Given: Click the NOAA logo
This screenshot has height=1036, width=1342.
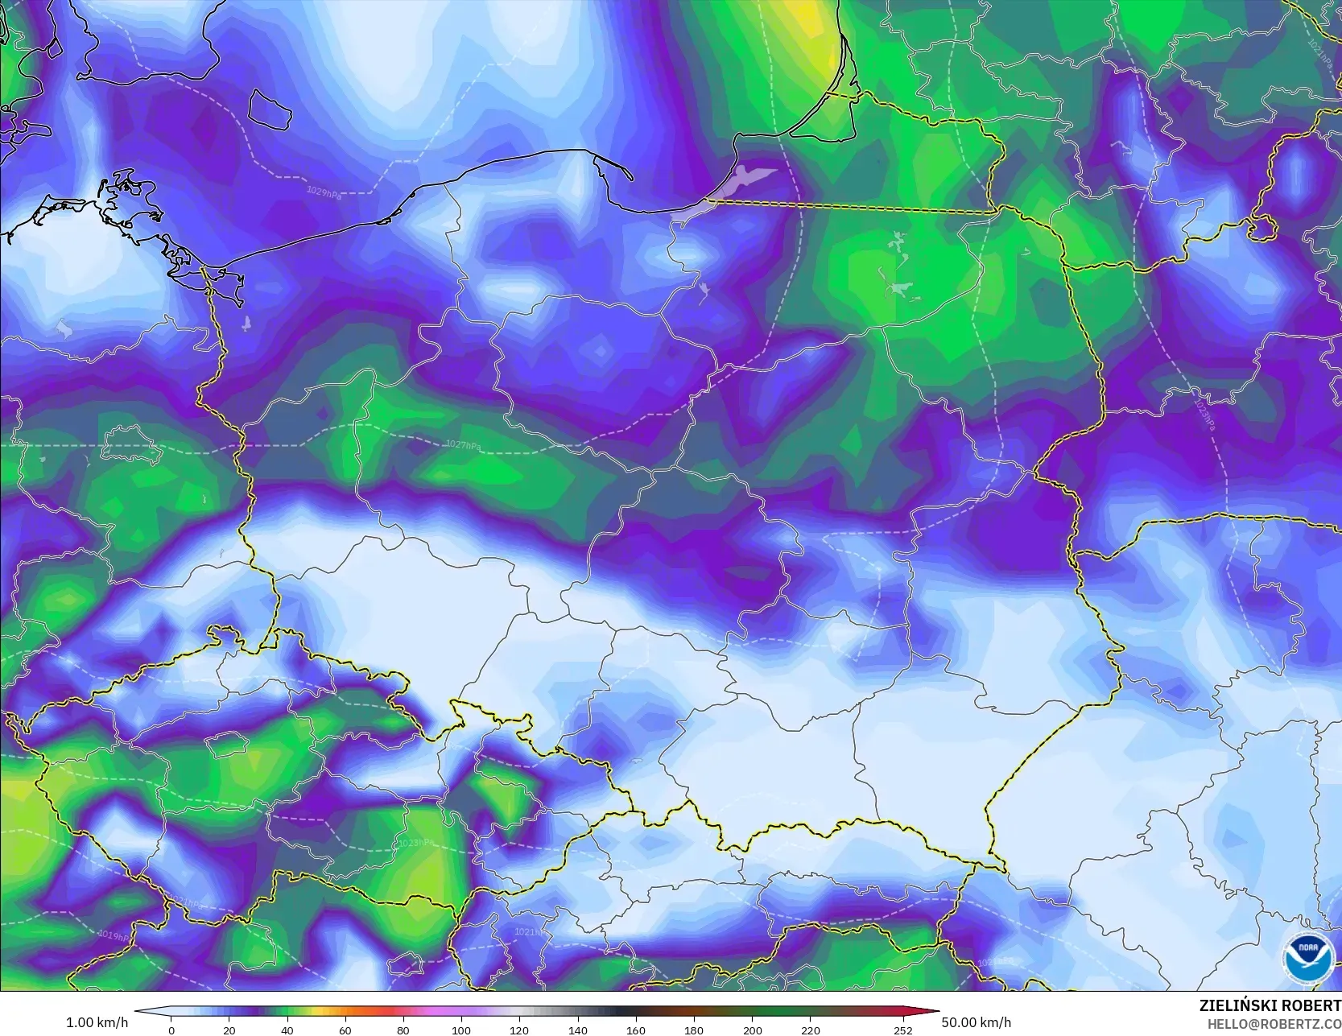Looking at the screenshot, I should (x=1307, y=959).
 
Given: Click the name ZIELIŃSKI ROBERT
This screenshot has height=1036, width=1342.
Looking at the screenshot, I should (x=1270, y=1005).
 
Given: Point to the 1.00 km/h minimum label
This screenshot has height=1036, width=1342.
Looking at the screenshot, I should (x=97, y=1023).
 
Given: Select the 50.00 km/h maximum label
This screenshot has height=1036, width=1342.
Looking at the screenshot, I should (x=976, y=1023).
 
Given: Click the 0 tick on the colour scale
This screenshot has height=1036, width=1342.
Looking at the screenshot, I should (x=171, y=1030).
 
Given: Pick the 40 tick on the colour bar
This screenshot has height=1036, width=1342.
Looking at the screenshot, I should (x=287, y=1030).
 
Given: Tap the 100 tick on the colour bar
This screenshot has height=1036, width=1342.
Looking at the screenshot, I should (x=461, y=1030).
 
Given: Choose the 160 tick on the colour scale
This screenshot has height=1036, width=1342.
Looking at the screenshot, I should (x=636, y=1030).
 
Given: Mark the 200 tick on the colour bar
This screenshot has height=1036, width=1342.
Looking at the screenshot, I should (x=752, y=1030).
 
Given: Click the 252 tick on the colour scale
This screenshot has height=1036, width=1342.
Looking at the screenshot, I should (x=903, y=1030).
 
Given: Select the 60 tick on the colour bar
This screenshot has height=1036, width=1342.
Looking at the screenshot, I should (x=345, y=1030).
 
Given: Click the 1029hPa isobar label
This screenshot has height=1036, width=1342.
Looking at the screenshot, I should (x=324, y=192).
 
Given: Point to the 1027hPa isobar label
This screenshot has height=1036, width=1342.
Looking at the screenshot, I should (x=463, y=445).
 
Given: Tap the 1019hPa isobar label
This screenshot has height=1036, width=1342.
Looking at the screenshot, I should (x=114, y=936).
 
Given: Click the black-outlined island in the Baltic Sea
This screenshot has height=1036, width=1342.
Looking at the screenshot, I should (x=269, y=109).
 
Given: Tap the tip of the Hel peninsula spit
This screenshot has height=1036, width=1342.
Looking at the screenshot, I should (x=630, y=178).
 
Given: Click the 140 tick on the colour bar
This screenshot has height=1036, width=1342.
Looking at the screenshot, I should (x=578, y=1030).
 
